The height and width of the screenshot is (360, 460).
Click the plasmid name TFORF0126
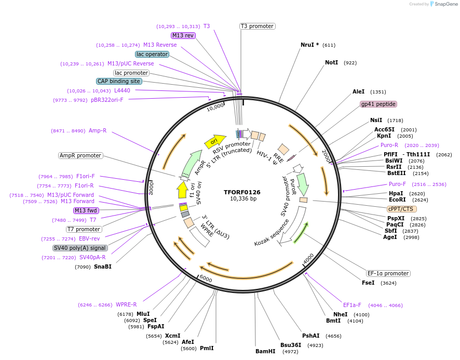pyautogui.click(x=242, y=192)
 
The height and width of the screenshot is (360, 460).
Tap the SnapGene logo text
pyautogui.click(x=446, y=4)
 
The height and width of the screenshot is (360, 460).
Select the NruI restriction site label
pyautogui.click(x=310, y=45)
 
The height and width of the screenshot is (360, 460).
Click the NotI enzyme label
pyautogui.click(x=331, y=62)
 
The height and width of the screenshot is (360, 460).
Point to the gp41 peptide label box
pyautogui.click(x=378, y=104)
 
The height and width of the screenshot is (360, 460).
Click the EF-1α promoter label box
pyautogui.click(x=388, y=273)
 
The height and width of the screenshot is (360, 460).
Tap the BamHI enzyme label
pyautogui.click(x=265, y=351)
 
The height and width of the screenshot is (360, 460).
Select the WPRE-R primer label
pyautogui.click(x=126, y=304)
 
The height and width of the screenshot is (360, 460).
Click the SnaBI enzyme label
pyautogui.click(x=102, y=266)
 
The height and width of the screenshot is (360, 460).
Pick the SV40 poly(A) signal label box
pyautogui.click(x=80, y=248)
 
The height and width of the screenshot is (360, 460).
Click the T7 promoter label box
pyautogui.click(x=84, y=229)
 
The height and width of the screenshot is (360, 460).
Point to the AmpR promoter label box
pyautogui.click(x=80, y=155)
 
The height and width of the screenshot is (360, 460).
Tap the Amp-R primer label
pyautogui.click(x=98, y=130)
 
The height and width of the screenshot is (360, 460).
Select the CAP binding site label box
pyautogui.click(x=119, y=81)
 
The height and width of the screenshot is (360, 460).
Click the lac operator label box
pyautogui.click(x=152, y=54)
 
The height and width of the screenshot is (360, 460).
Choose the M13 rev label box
pyautogui.click(x=183, y=35)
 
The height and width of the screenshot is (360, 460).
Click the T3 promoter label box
pyautogui.click(x=257, y=26)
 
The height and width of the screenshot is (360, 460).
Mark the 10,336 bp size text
pyautogui.click(x=243, y=198)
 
